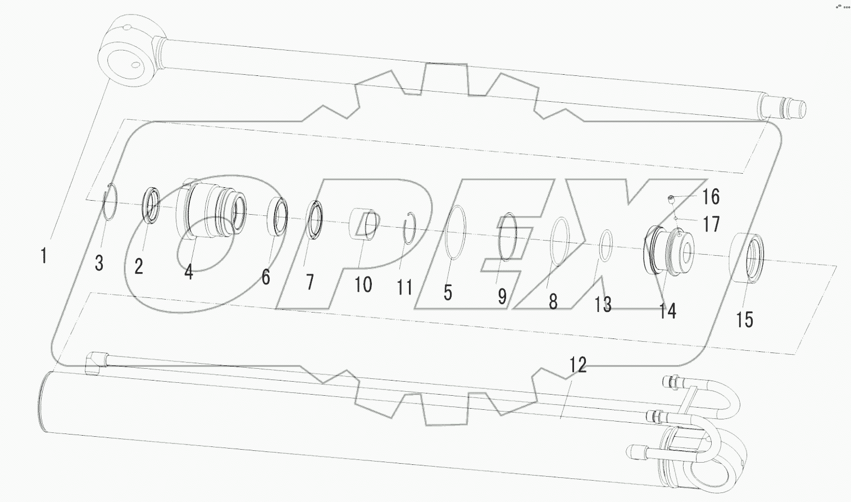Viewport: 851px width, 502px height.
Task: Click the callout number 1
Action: pyautogui.click(x=43, y=256)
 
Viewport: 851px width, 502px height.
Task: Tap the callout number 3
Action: pyautogui.click(x=99, y=263)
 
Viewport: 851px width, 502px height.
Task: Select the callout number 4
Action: pyautogui.click(x=188, y=273)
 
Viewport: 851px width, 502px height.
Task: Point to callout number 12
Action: pyautogui.click(x=578, y=365)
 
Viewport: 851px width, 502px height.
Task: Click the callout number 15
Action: pyautogui.click(x=744, y=320)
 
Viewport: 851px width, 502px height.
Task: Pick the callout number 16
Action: pyautogui.click(x=711, y=197)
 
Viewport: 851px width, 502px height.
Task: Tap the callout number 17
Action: pyautogui.click(x=711, y=225)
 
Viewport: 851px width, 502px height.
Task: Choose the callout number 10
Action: pyautogui.click(x=363, y=284)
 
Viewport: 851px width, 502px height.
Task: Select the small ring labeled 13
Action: pyautogui.click(x=606, y=246)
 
